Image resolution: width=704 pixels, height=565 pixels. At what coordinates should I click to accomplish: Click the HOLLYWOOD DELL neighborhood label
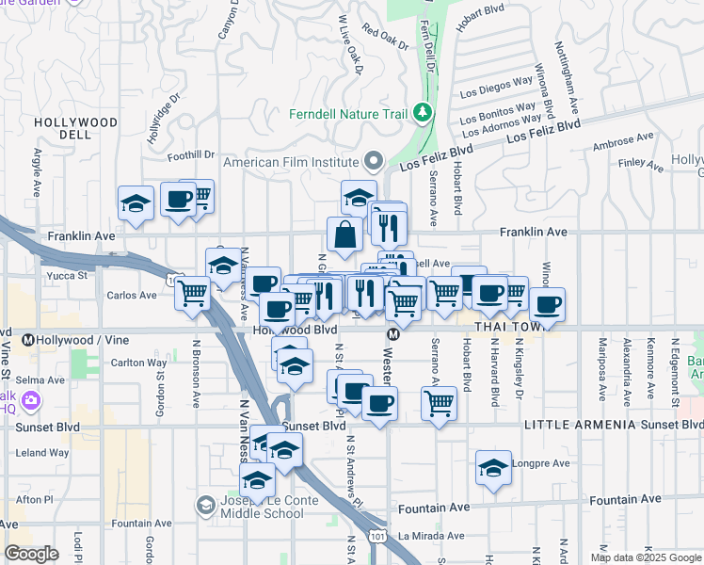(x=75, y=128)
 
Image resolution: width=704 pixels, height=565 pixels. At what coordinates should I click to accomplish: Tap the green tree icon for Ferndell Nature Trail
(x=423, y=114)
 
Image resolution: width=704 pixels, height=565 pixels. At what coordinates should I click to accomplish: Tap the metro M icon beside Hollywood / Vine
(x=28, y=340)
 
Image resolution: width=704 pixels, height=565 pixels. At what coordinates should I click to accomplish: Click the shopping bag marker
(x=345, y=235)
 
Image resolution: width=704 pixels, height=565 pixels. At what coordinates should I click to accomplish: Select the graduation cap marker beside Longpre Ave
(x=493, y=469)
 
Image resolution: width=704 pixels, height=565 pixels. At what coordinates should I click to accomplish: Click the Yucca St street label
(x=67, y=276)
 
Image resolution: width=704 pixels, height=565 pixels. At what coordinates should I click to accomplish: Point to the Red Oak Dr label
(x=384, y=39)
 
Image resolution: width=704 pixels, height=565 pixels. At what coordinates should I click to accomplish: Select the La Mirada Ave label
(x=430, y=536)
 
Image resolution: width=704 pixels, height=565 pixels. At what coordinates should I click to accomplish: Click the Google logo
(x=32, y=554)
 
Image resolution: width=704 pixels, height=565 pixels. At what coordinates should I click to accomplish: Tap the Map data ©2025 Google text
(x=645, y=557)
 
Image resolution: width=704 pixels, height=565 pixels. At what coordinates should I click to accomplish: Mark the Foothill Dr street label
(x=191, y=155)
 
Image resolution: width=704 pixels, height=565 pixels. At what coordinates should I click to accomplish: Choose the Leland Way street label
(x=43, y=452)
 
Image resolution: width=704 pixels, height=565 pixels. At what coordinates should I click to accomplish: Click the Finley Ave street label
(x=641, y=164)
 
